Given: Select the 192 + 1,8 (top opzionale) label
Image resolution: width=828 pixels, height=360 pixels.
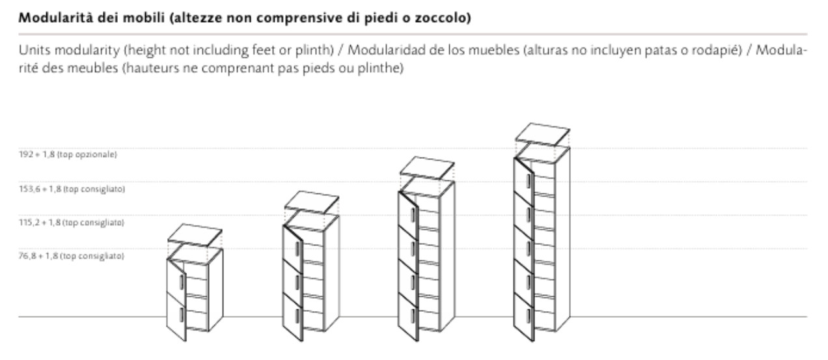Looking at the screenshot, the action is click(68, 154).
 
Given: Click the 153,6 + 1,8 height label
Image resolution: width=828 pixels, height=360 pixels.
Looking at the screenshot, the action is click(72, 189).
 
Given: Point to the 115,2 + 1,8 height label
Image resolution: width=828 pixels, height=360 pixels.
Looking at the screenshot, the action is click(72, 223).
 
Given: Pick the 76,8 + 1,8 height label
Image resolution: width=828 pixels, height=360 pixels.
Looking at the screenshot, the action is click(72, 256).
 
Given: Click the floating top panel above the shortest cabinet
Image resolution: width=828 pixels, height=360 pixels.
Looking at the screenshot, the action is click(195, 235).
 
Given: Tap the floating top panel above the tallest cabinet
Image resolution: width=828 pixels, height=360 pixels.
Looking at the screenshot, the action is click(543, 134).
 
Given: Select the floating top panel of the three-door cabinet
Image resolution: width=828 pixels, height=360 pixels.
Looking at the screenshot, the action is click(312, 202).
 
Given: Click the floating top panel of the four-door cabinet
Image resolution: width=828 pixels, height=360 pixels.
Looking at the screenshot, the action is click(427, 168).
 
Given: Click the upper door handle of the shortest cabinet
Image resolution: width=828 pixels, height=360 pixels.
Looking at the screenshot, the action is click(182, 282).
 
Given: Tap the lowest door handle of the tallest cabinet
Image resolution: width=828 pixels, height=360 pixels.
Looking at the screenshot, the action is click(529, 315).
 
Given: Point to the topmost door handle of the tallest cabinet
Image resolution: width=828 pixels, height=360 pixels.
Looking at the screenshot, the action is click(529, 181).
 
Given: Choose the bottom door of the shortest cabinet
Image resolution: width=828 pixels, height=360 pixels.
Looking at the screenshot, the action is click(176, 317).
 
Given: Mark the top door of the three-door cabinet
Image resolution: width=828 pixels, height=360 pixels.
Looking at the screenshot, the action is click(293, 245).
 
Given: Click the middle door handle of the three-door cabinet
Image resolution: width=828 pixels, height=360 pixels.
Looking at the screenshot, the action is click(297, 283).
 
